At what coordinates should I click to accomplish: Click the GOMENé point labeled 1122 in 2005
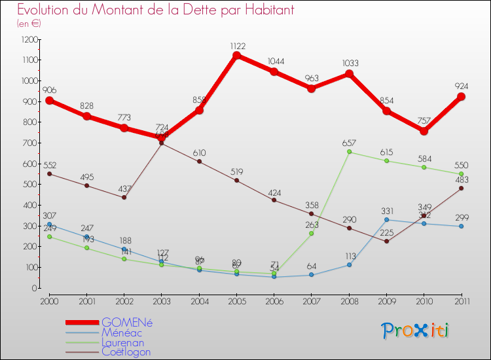[236, 55]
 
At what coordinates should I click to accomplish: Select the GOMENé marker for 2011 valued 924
[461, 97]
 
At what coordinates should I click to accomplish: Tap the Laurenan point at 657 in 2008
[349, 152]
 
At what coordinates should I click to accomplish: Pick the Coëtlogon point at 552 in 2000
[49, 173]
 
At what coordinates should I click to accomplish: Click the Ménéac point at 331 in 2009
[386, 219]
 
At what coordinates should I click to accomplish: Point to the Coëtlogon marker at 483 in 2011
[461, 188]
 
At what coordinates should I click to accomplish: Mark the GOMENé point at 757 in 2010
[424, 131]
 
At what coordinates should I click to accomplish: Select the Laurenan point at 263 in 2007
[312, 234]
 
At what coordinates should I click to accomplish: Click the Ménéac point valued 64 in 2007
[312, 275]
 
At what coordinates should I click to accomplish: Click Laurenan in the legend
[123, 342]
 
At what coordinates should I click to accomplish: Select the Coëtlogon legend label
[126, 352]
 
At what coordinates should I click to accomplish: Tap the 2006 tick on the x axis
[274, 301]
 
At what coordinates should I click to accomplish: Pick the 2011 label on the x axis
[461, 301]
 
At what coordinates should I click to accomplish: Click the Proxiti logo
[416, 331]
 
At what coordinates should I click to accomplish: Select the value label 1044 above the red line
[276, 62]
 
